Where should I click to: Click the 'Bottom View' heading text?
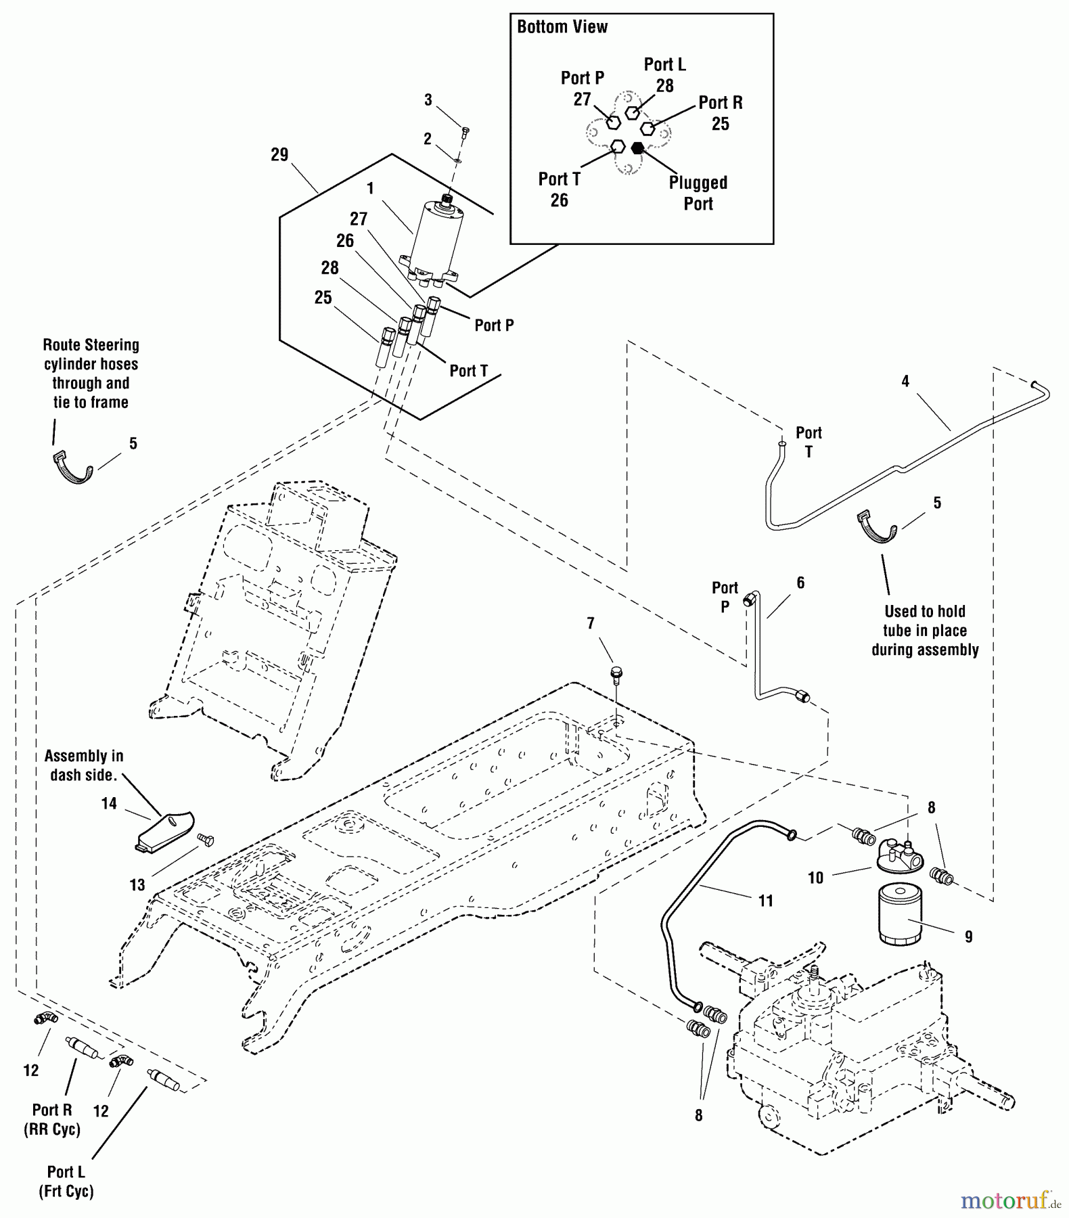tap(562, 27)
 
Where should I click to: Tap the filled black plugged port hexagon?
tap(637, 148)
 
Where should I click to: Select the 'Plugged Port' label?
tap(698, 194)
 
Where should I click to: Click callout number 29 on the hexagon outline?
tap(279, 155)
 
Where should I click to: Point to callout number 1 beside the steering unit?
tap(370, 188)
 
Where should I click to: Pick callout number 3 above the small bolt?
tap(428, 100)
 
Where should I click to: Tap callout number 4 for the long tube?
tap(905, 382)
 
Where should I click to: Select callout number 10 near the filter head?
tap(815, 878)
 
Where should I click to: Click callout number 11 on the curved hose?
tap(765, 901)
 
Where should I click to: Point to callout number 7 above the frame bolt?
tap(591, 623)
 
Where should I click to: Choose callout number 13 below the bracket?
tap(137, 885)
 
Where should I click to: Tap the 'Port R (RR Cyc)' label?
tap(52, 1119)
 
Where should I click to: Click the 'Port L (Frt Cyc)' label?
tap(66, 1181)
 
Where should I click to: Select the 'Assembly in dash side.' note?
tap(84, 765)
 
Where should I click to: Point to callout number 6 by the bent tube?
tap(800, 583)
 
